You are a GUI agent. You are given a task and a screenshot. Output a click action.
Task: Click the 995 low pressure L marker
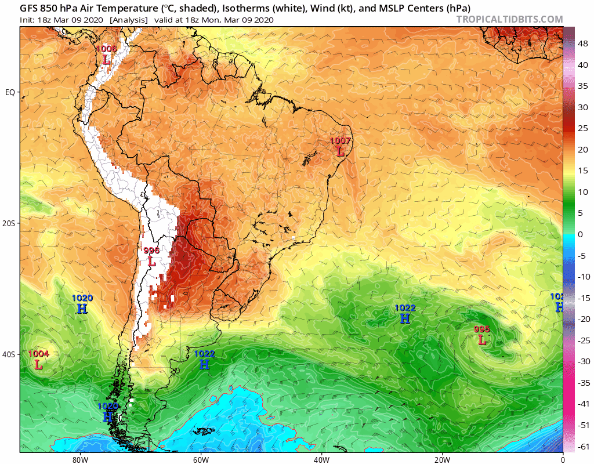click(482, 340)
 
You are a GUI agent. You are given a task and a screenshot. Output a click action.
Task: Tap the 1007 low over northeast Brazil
click(341, 151)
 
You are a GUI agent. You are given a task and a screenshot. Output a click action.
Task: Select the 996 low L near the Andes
click(152, 262)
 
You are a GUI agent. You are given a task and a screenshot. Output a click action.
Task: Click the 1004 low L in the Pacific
click(38, 365)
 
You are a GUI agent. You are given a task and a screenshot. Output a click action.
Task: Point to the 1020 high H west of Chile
click(82, 309)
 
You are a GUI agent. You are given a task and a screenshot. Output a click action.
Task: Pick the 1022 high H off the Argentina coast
click(204, 364)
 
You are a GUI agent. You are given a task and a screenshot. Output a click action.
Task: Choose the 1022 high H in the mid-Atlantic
click(405, 318)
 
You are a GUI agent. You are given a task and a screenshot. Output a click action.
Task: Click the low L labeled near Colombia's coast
click(106, 59)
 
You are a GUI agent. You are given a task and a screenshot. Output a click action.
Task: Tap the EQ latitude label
click(10, 92)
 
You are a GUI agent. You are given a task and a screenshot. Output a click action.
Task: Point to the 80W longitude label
click(80, 459)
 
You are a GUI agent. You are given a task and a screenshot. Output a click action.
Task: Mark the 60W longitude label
click(201, 459)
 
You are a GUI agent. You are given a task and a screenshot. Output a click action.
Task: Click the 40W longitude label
click(321, 459)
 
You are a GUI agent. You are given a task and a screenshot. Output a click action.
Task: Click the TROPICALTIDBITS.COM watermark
click(509, 19)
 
